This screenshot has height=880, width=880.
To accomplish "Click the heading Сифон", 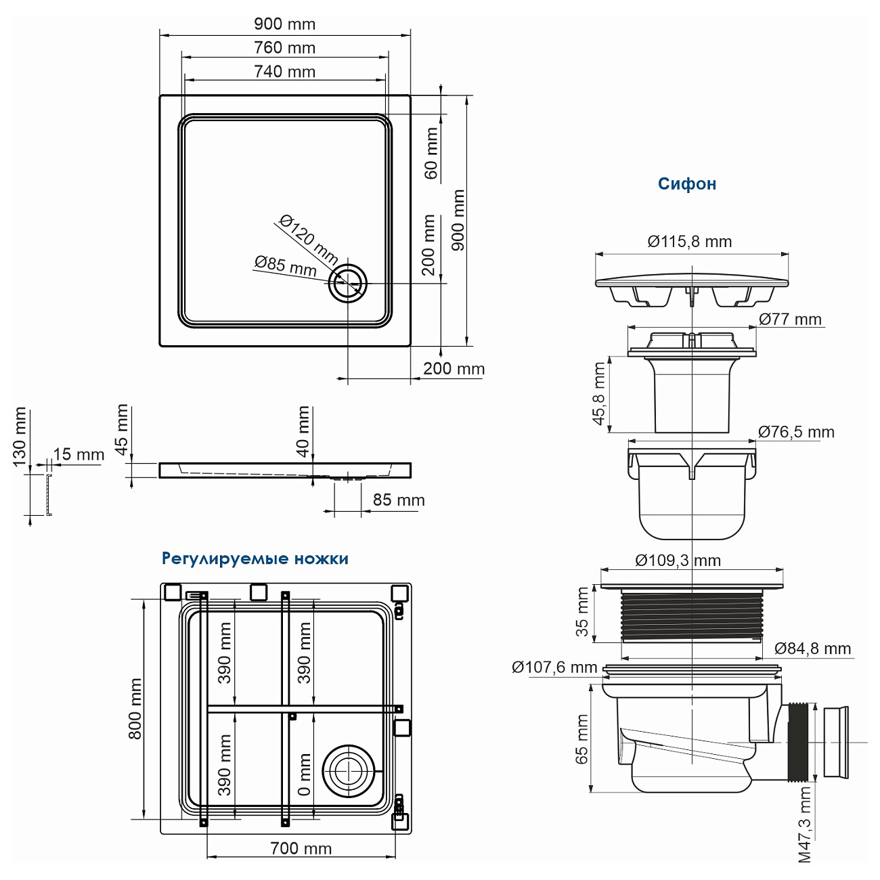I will (x=686, y=184).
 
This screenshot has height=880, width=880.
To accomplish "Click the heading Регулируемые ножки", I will (x=255, y=559).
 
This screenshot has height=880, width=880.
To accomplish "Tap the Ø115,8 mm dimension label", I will (x=689, y=242).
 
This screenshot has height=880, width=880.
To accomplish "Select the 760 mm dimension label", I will (x=284, y=48).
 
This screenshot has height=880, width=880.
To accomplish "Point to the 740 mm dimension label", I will (x=284, y=72).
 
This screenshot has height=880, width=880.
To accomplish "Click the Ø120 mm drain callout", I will (x=308, y=239).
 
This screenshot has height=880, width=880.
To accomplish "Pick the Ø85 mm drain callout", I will (x=285, y=265).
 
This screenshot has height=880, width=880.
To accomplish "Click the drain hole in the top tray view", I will (x=348, y=284).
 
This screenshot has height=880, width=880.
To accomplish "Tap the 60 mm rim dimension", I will (x=431, y=154).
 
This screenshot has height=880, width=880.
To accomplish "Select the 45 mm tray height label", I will (x=121, y=429).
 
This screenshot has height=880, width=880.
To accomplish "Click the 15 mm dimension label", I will (x=79, y=454).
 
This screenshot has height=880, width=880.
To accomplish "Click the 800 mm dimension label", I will (x=135, y=709).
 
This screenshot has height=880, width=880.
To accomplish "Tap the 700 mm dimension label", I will (x=301, y=849).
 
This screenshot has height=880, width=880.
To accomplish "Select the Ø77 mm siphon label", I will (x=789, y=320).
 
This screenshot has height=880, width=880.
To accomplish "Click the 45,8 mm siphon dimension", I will (x=599, y=394).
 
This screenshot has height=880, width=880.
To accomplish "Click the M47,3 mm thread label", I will (x=804, y=824).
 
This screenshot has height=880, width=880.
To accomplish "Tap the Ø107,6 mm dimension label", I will (x=554, y=667).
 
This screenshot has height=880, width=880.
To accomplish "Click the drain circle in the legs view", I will (x=348, y=771).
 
